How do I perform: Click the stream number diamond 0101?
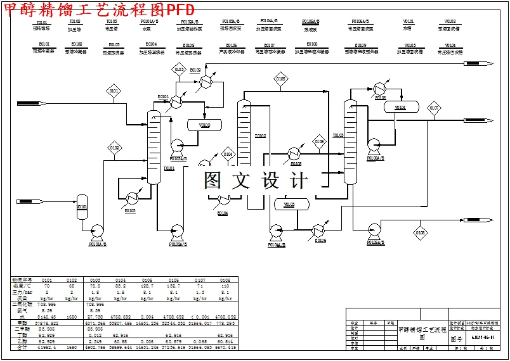tap(114, 91)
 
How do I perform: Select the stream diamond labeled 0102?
tap(114, 148)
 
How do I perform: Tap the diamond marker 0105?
tap(281, 79)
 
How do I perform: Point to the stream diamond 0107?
tap(434, 108)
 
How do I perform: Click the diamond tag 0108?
tap(421, 233)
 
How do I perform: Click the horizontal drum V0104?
tap(400, 107)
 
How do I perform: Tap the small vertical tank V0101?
tap(82, 207)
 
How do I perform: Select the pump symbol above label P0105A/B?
tap(374, 230)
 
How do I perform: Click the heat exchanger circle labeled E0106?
tap(320, 231)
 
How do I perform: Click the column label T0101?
tap(169, 168)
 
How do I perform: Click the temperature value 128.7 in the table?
tap(147, 286)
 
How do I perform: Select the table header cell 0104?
tap(121, 279)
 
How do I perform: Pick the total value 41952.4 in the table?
tap(47, 348)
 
